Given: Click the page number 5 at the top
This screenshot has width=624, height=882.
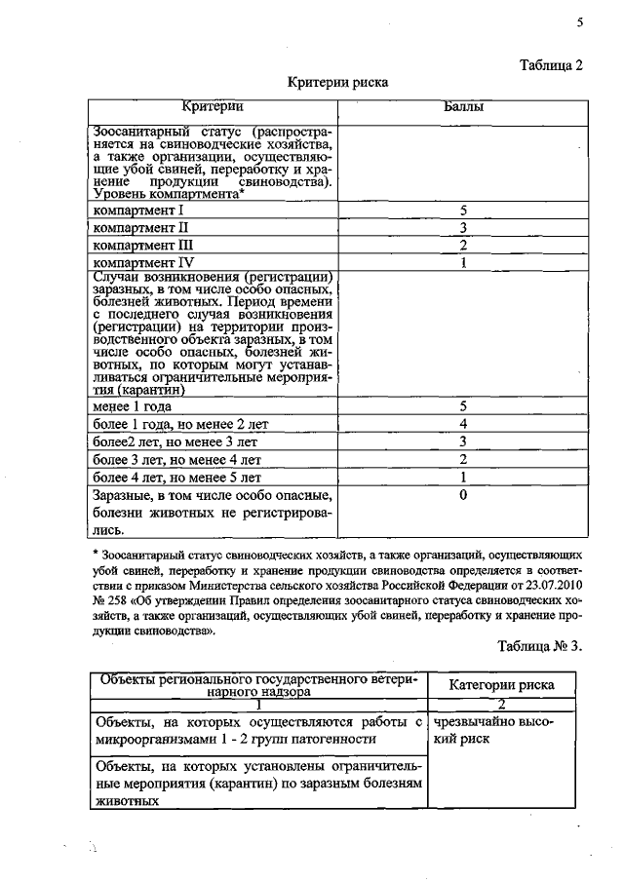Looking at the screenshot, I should click(x=580, y=22).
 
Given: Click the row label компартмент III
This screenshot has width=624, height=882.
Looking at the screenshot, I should click(x=144, y=245).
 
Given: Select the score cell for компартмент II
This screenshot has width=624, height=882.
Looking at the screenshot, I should click(x=464, y=227).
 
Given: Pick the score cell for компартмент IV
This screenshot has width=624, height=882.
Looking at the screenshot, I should click(x=464, y=262).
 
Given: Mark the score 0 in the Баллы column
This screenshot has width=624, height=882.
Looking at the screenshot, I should click(x=464, y=495).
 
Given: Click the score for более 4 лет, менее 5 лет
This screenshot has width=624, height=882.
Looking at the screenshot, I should click(x=464, y=478).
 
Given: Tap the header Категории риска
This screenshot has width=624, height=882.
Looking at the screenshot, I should click(x=502, y=684).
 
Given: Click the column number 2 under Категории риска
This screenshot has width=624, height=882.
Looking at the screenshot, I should click(x=502, y=704).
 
